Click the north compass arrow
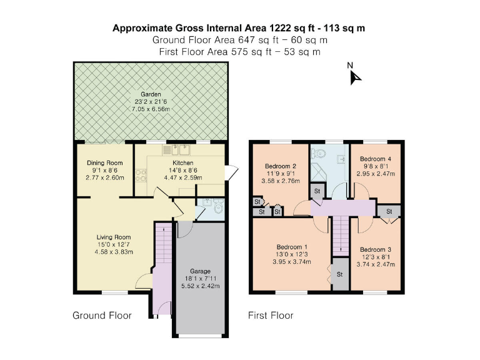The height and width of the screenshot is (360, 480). tap(356, 76)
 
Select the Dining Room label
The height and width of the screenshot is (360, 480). tap(104, 163)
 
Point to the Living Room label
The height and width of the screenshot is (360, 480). tap(113, 237)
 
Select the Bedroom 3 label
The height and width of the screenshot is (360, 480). tap(376, 249)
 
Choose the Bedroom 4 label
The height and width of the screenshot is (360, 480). tap(376, 159)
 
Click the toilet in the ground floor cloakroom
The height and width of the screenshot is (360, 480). tap(216, 208)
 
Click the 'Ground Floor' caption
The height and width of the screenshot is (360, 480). tap(102, 316)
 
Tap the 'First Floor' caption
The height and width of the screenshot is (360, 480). tap(271, 316)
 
